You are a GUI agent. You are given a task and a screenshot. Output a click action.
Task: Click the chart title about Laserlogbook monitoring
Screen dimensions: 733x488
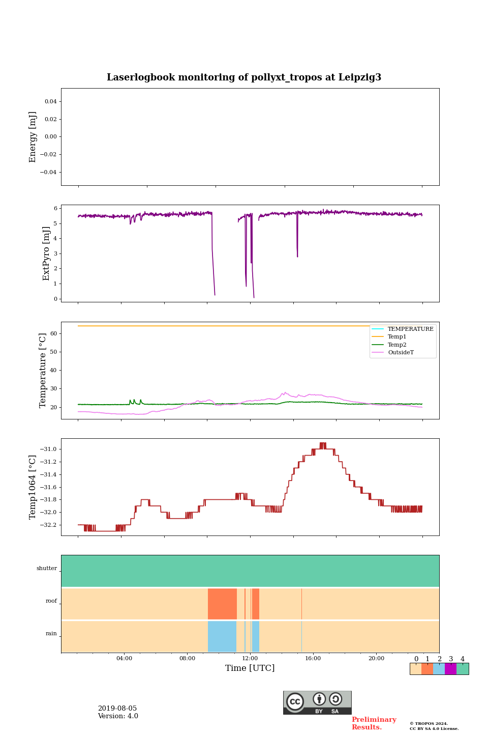coord(244,77)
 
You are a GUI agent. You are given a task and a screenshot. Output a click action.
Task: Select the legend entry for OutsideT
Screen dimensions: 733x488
coord(401,353)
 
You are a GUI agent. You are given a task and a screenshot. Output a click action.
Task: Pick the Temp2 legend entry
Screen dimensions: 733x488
coord(397,345)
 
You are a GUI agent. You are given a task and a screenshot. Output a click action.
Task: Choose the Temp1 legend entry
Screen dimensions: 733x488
coord(397,337)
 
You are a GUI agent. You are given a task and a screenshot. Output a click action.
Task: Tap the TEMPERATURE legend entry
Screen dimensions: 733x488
coord(410,329)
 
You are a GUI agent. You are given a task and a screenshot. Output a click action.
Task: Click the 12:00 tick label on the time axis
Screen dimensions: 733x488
coord(250,659)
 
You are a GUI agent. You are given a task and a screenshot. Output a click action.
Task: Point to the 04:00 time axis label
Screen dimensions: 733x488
coord(124,659)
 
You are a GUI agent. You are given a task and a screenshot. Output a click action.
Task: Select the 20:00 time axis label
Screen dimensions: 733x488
coord(376,659)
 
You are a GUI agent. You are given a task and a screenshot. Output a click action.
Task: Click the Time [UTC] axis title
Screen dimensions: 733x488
coord(250,668)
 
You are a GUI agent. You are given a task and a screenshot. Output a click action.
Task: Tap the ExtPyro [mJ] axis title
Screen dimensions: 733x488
coord(46,253)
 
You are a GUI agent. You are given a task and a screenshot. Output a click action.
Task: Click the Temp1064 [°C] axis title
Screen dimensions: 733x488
coord(33,487)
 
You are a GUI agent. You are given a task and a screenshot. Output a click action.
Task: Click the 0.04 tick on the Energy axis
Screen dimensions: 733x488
coord(50,102)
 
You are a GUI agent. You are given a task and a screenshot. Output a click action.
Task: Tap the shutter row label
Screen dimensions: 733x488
coord(47,569)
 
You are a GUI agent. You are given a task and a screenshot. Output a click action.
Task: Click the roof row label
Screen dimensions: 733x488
coord(51,601)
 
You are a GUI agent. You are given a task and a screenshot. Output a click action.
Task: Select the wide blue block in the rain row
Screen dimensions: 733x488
coord(222,636)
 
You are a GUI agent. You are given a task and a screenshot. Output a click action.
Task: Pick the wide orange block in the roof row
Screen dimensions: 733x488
coord(222,604)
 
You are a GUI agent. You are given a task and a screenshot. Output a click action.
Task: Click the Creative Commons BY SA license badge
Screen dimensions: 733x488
coord(317,702)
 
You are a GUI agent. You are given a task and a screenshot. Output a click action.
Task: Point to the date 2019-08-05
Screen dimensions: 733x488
coord(117,709)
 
